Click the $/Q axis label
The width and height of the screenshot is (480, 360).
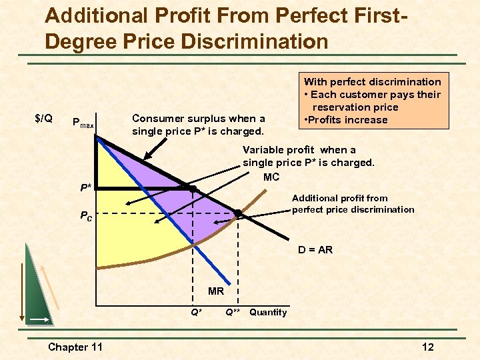pyautogui.click(x=43, y=119)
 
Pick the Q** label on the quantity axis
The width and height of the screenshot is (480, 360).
pyautogui.click(x=233, y=312)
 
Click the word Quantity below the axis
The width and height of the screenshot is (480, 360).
pyautogui.click(x=268, y=312)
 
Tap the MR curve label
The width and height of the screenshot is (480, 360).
pyautogui.click(x=216, y=291)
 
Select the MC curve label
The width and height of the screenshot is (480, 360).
pyautogui.click(x=271, y=177)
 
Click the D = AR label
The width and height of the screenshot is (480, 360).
pyautogui.click(x=315, y=250)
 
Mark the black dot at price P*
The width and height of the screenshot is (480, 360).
pyautogui.click(x=193, y=189)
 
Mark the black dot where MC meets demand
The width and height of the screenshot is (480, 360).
pyautogui.click(x=237, y=213)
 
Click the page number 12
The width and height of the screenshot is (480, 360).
pyautogui.click(x=428, y=347)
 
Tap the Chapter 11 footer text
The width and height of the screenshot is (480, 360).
pyautogui.click(x=77, y=347)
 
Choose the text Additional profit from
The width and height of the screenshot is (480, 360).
pyautogui.click(x=339, y=198)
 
